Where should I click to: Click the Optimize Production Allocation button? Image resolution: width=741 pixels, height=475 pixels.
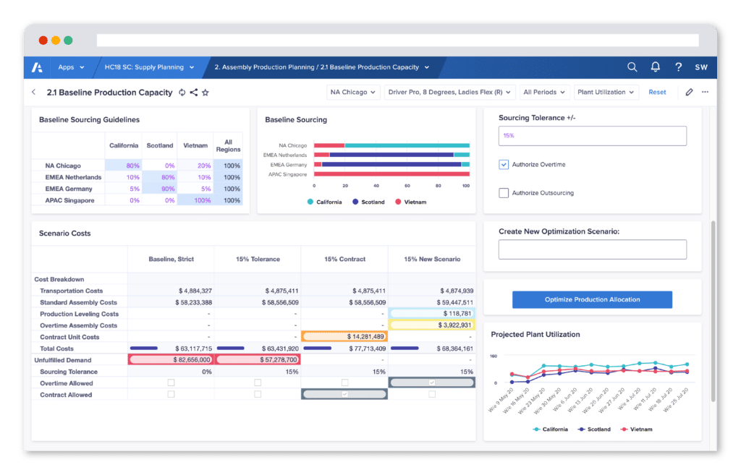pyautogui.click(x=592, y=299)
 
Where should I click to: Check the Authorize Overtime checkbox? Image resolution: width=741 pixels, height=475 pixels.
pyautogui.click(x=504, y=165)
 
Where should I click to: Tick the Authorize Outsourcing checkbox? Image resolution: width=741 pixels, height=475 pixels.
pyautogui.click(x=504, y=193)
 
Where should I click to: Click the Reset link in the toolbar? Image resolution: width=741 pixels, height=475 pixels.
pyautogui.click(x=657, y=92)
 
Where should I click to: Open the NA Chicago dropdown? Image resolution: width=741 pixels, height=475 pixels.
pyautogui.click(x=353, y=92)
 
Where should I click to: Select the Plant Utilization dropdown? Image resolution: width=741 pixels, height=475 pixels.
pyautogui.click(x=606, y=92)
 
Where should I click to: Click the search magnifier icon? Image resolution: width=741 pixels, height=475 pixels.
pyautogui.click(x=632, y=67)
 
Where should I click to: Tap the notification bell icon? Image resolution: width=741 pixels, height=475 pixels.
pyautogui.click(x=655, y=67)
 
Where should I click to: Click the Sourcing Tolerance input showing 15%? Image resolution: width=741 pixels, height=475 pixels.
pyautogui.click(x=592, y=136)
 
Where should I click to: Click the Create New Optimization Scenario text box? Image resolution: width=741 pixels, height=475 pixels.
pyautogui.click(x=592, y=249)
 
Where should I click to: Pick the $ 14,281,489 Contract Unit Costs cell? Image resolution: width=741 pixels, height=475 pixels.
pyautogui.click(x=344, y=337)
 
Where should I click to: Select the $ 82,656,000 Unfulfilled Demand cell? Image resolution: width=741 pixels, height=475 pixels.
pyautogui.click(x=171, y=359)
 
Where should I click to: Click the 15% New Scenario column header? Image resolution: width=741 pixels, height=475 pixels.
pyautogui.click(x=431, y=259)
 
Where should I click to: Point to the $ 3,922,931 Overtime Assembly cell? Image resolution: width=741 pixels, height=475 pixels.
pyautogui.click(x=431, y=325)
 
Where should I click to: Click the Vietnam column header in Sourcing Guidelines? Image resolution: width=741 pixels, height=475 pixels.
pyautogui.click(x=195, y=145)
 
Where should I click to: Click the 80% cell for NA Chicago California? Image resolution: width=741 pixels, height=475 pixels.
pyautogui.click(x=123, y=166)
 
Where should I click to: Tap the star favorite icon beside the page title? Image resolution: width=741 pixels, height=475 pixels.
pyautogui.click(x=206, y=93)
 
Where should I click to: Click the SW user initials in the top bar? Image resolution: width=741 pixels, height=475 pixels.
pyautogui.click(x=700, y=67)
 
